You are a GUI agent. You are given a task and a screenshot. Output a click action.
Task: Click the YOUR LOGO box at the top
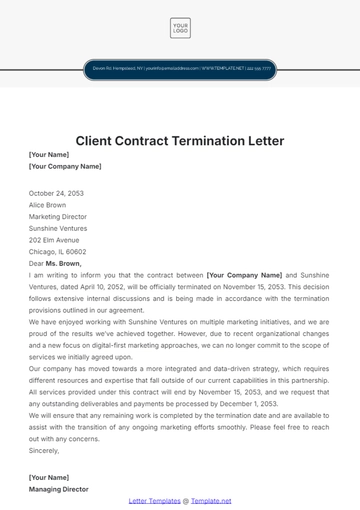point(180,28)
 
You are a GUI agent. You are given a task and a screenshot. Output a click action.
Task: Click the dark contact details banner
point(180,70)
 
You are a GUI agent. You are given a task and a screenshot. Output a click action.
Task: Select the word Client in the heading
point(97,140)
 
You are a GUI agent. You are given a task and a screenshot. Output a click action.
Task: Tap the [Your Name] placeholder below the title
point(49,155)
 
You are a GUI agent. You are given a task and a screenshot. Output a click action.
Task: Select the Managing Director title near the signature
point(59,489)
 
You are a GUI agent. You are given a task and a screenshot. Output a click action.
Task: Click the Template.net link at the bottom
point(212,500)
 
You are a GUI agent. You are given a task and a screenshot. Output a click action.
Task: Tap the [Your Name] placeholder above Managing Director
point(49,477)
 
